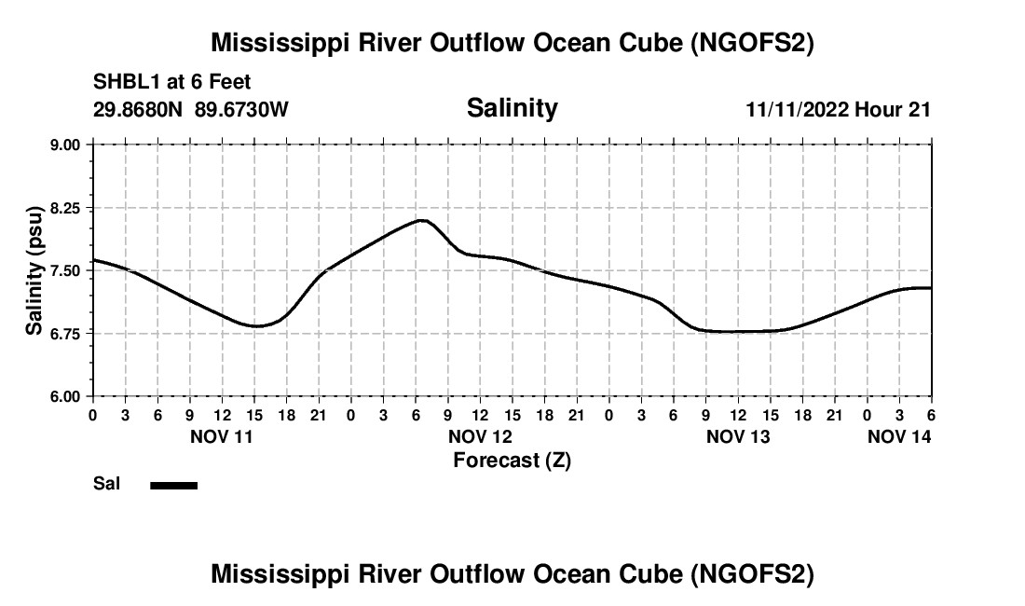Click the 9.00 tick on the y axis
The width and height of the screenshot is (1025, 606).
pyautogui.click(x=66, y=145)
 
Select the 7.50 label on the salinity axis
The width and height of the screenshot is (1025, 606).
pyautogui.click(x=66, y=270)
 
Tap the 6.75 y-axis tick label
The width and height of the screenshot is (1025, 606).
pyautogui.click(x=66, y=333)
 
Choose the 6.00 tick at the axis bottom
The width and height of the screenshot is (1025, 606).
pyautogui.click(x=66, y=396)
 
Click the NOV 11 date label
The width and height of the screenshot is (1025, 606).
pyautogui.click(x=222, y=435)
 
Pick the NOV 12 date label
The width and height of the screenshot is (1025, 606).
pyautogui.click(x=480, y=435)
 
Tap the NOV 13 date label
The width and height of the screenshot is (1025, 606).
pyautogui.click(x=738, y=435)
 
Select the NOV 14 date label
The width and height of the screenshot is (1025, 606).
pyautogui.click(x=899, y=435)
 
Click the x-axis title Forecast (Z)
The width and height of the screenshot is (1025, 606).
pyautogui.click(x=512, y=460)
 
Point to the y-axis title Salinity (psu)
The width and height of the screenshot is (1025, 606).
pyautogui.click(x=34, y=270)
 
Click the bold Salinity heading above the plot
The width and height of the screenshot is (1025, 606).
pyautogui.click(x=512, y=108)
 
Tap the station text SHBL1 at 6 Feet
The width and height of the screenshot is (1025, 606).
pyautogui.click(x=172, y=82)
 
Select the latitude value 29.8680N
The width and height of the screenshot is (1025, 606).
pyautogui.click(x=140, y=110)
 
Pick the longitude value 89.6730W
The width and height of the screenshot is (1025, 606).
pyautogui.click(x=242, y=110)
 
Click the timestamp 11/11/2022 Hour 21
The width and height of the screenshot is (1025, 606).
pyautogui.click(x=838, y=110)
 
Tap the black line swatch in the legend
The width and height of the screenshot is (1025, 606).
pyautogui.click(x=173, y=485)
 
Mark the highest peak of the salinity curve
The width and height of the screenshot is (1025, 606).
pyautogui.click(x=422, y=220)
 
